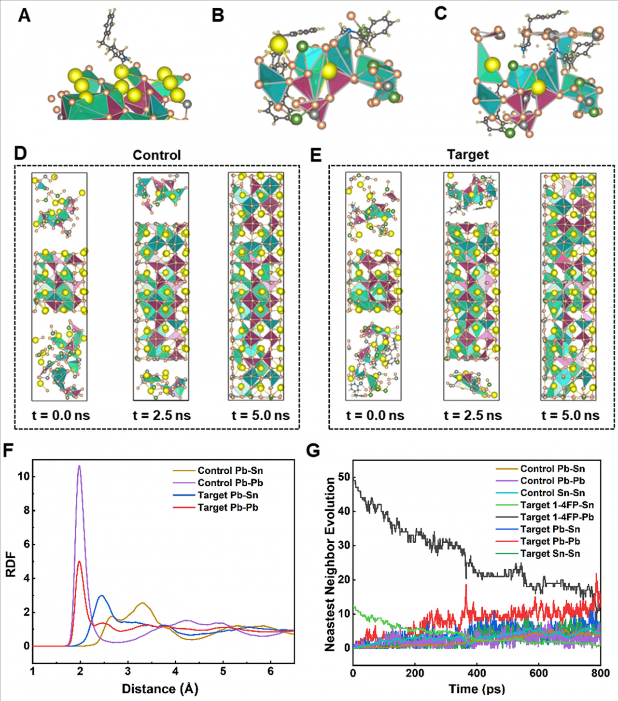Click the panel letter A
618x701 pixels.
tap(24, 15)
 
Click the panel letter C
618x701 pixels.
tap(440, 14)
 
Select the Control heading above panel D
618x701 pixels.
tap(156, 155)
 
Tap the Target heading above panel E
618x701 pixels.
tap(467, 155)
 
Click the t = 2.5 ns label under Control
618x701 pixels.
tap(162, 415)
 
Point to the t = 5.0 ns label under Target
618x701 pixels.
tap(570, 415)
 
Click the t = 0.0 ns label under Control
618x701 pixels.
tap(61, 415)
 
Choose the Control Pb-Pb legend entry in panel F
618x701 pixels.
tap(230, 483)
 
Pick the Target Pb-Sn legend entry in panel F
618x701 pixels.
tap(227, 495)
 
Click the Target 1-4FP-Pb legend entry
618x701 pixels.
tap(557, 517)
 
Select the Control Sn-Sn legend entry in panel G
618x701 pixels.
tap(552, 493)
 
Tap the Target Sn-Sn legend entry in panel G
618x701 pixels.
tap(550, 554)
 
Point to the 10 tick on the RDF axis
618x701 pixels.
tap(23, 477)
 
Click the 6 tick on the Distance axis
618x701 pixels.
tap(270, 671)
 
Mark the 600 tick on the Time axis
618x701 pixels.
tap(539, 674)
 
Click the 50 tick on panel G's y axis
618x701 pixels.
tap(344, 477)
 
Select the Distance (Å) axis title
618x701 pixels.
tap(160, 689)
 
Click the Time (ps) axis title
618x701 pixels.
tap(477, 689)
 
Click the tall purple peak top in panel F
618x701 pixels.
tap(80, 466)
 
